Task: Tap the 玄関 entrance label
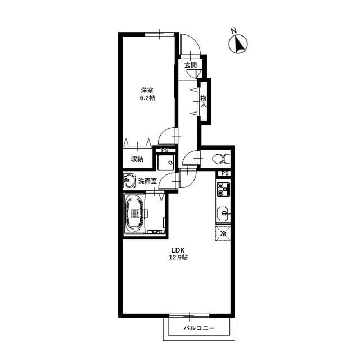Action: pyautogui.click(x=191, y=65)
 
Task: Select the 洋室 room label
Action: pyautogui.click(x=147, y=90)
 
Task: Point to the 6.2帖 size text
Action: pyautogui.click(x=147, y=98)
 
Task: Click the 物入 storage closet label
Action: pyautogui.click(x=204, y=101)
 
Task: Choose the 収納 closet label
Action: pyautogui.click(x=137, y=159)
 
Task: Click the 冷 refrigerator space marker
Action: pyautogui.click(x=223, y=233)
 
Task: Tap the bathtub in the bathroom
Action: pyautogui.click(x=136, y=213)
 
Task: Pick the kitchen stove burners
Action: pyautogui.click(x=223, y=189)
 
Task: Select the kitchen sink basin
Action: pyautogui.click(x=223, y=213)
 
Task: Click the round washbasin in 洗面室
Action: pyautogui.click(x=129, y=181)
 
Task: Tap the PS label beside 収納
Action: pyautogui.click(x=165, y=150)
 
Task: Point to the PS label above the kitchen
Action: pyautogui.click(x=225, y=173)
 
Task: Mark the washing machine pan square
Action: pyautogui.click(x=166, y=163)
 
